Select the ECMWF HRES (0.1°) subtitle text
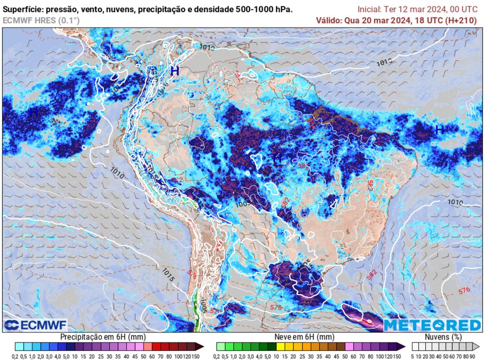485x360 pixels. [41, 20]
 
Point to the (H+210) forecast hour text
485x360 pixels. [462, 20]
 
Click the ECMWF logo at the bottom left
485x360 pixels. [36, 325]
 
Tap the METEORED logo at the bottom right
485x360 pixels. [432, 325]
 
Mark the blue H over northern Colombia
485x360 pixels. [175, 71]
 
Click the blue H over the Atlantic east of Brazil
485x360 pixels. [440, 129]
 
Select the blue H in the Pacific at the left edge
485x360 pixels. [33, 113]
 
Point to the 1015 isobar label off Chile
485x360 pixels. [168, 274]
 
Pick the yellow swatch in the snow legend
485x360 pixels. [280, 346]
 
